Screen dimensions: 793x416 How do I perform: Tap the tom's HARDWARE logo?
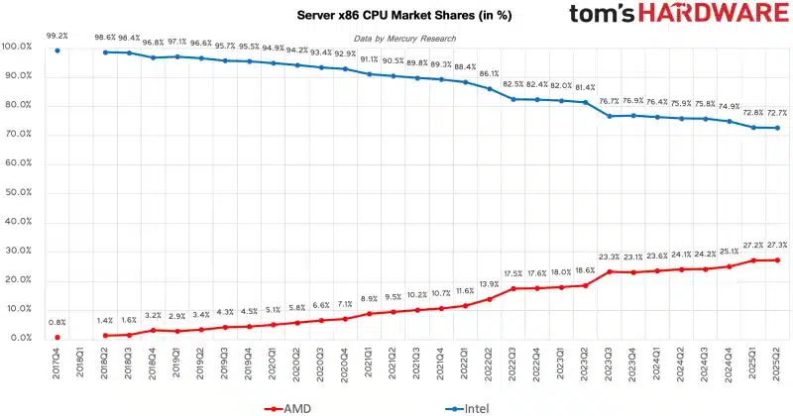(679, 14)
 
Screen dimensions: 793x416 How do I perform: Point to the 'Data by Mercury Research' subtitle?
(404, 39)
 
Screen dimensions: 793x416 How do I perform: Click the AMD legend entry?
(287, 408)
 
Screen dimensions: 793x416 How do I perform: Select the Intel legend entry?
(467, 408)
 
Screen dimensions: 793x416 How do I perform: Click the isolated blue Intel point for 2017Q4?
(57, 51)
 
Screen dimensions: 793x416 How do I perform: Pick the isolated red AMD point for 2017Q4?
(57, 337)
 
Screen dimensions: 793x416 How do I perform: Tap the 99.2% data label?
(57, 36)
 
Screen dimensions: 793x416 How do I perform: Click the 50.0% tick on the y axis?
(18, 192)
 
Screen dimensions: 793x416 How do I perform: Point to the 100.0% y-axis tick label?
(17, 47)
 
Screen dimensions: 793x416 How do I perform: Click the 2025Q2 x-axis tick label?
(777, 364)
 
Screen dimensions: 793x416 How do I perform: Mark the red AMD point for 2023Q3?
(610, 271)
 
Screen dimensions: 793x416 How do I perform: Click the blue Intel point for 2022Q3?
(513, 99)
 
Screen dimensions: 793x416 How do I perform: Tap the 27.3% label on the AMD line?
(777, 246)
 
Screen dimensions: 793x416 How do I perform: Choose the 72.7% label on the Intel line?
(777, 113)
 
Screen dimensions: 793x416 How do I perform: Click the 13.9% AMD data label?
(489, 284)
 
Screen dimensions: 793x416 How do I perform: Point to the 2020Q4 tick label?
(345, 364)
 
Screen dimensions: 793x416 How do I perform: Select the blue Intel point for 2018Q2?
(106, 52)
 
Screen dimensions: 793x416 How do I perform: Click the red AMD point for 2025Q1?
(753, 260)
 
